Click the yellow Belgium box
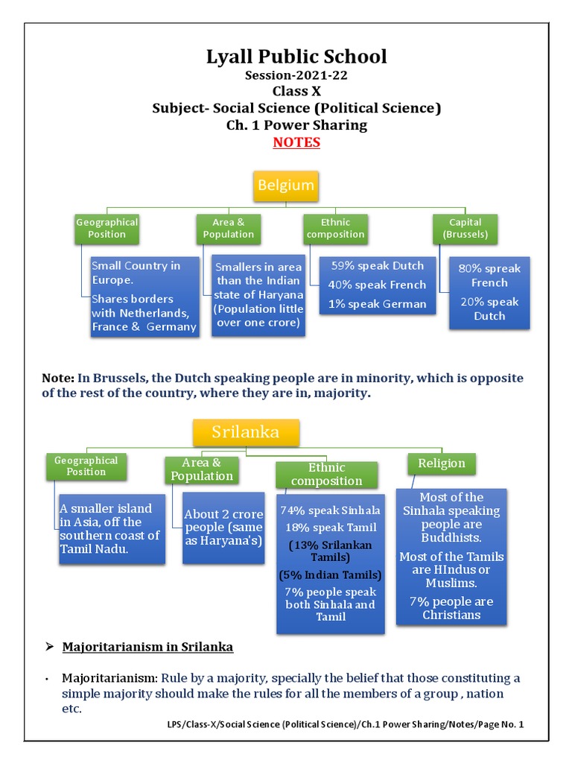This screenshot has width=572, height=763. (286, 186)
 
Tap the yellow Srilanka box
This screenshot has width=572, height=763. (246, 432)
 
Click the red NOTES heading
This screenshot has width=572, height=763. (296, 142)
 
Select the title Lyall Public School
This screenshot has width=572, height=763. (296, 57)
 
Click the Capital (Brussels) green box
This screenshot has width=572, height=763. (465, 228)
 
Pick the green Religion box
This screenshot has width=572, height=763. (442, 463)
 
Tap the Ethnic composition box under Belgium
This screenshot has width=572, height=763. (335, 228)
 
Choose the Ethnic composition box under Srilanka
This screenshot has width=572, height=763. (326, 474)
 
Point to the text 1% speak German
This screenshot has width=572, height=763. (378, 304)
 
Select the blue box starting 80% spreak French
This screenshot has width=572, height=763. (489, 292)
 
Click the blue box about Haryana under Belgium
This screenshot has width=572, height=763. (258, 295)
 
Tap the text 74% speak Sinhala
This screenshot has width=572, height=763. (330, 510)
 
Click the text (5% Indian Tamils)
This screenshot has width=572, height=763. (330, 575)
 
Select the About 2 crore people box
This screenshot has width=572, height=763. (223, 528)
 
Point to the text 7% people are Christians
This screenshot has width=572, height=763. (451, 608)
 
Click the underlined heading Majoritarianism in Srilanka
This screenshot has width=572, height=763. (147, 648)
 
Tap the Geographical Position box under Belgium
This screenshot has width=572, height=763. (107, 228)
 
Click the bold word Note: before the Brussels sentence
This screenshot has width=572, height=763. (58, 379)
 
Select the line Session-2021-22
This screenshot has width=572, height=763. (296, 76)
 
